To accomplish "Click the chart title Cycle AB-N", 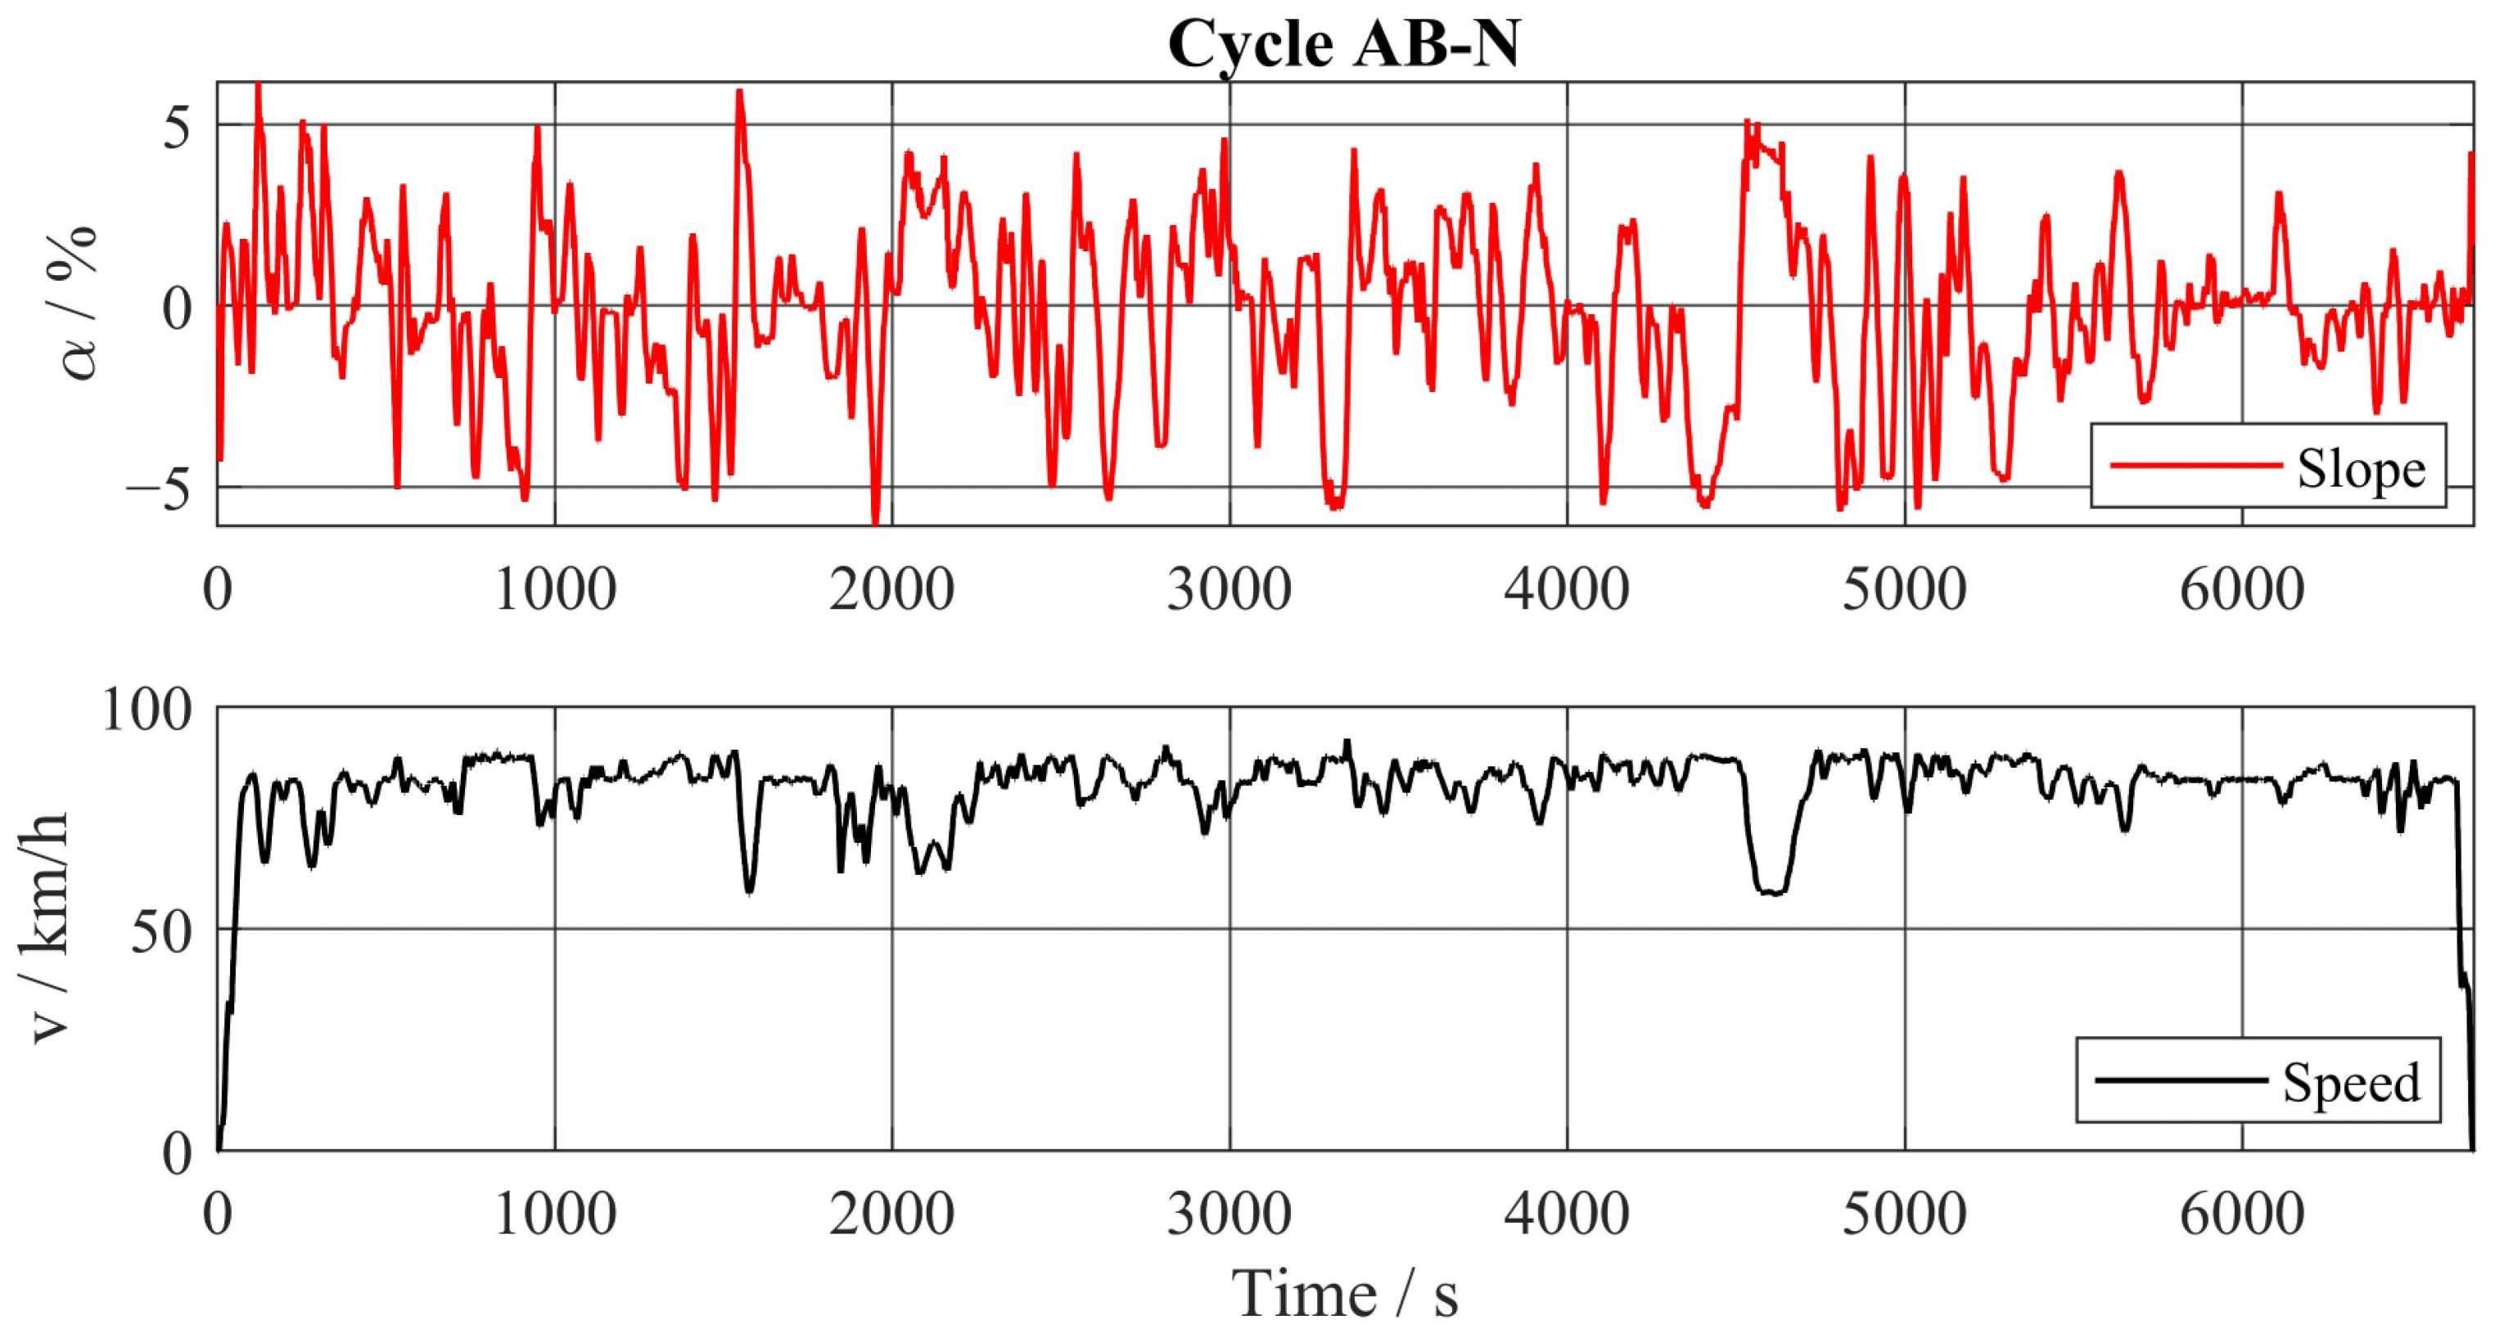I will (x=1343, y=43).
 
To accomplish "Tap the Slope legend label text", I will (x=2361, y=471).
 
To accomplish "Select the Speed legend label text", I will (x=2350, y=1083).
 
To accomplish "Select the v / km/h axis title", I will (x=48, y=928).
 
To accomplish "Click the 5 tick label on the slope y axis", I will (x=177, y=126).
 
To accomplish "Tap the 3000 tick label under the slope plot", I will (x=1229, y=590).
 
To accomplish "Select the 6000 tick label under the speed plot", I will (x=2241, y=1215).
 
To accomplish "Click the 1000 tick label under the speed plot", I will (x=555, y=1215).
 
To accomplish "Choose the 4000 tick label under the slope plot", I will (x=1566, y=590).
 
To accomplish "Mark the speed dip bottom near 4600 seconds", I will (x=1773, y=891).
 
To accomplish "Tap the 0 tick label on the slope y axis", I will (x=177, y=309).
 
